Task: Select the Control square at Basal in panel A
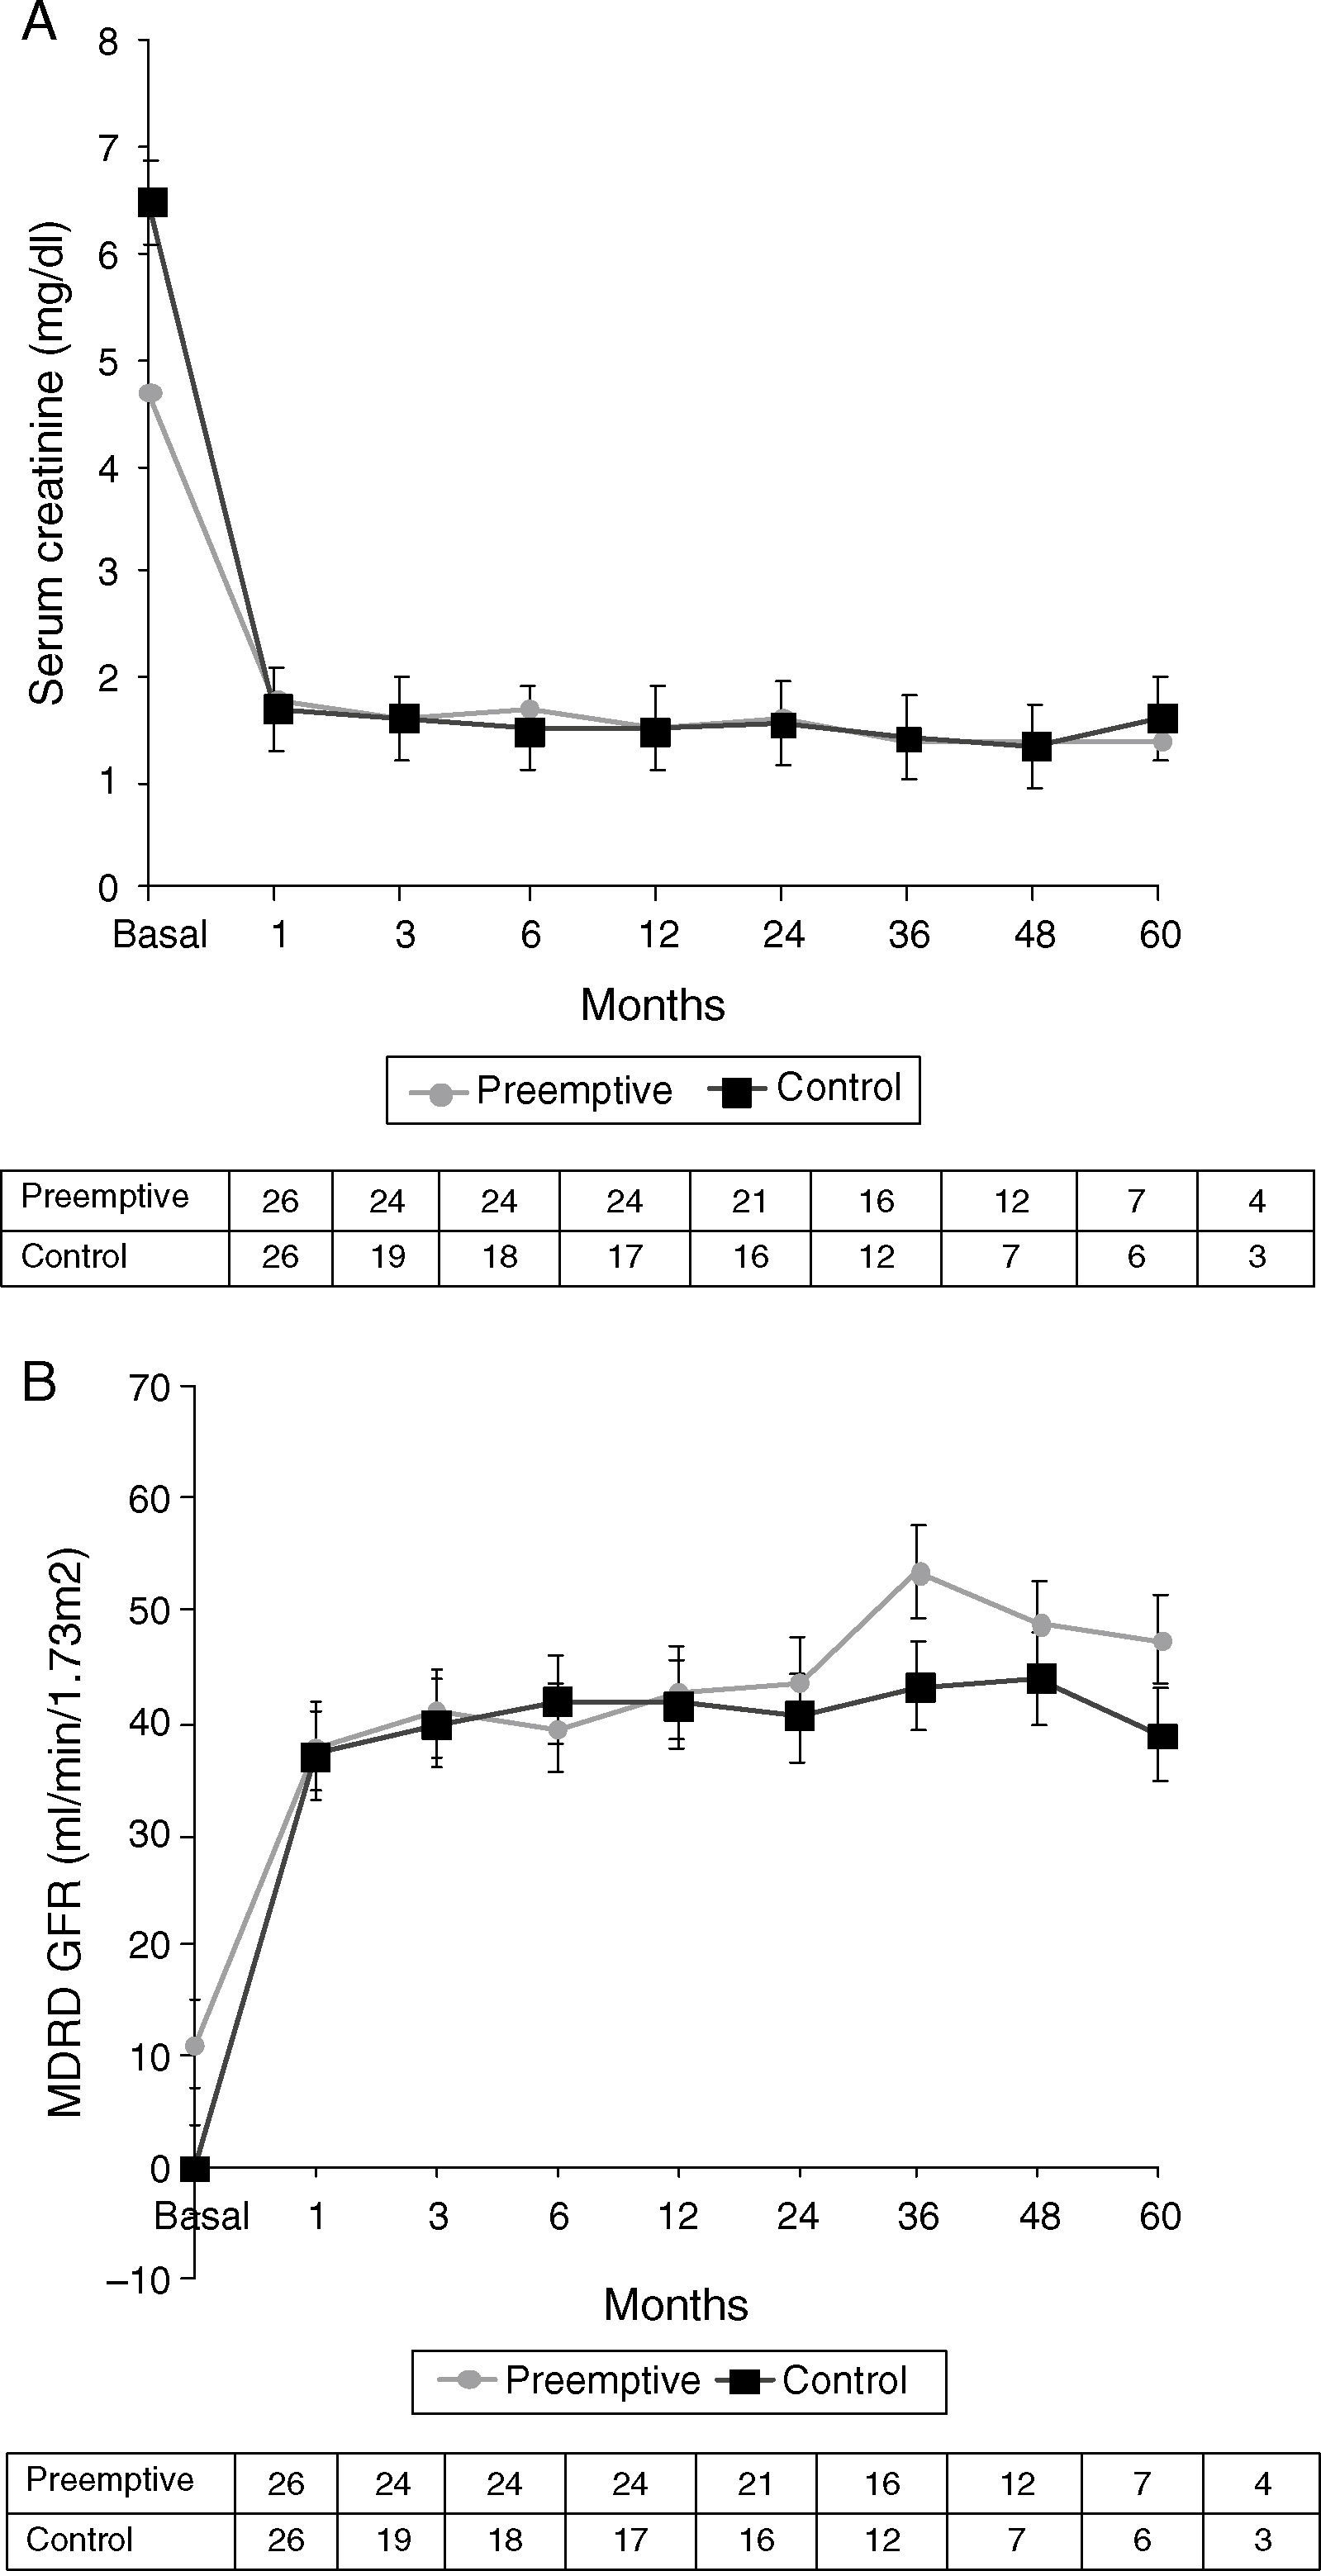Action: [x=152, y=202]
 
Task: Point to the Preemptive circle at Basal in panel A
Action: [x=151, y=392]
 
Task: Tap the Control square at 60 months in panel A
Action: [x=1162, y=718]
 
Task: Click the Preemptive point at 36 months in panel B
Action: [x=919, y=1574]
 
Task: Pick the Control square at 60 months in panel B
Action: [x=1162, y=1736]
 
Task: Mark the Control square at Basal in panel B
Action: [x=196, y=2169]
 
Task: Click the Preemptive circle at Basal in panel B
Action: [x=195, y=2046]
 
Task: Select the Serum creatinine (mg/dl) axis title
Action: [x=47, y=464]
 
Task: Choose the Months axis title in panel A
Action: [x=652, y=1004]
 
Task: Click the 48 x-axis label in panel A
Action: [x=1034, y=935]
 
